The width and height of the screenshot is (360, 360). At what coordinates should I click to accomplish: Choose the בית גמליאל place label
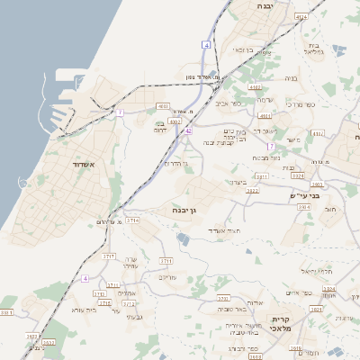pyautogui.click(x=314, y=49)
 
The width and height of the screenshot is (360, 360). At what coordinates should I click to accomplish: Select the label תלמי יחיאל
pyautogui.click(x=318, y=271)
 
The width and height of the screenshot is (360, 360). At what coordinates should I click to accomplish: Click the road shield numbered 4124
pyautogui.click(x=300, y=16)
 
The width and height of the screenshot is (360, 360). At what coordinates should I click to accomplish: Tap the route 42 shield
pyautogui.click(x=188, y=130)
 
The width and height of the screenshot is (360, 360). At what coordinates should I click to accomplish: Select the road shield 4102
pyautogui.click(x=255, y=87)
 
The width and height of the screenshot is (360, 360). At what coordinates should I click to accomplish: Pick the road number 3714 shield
pyautogui.click(x=132, y=220)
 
